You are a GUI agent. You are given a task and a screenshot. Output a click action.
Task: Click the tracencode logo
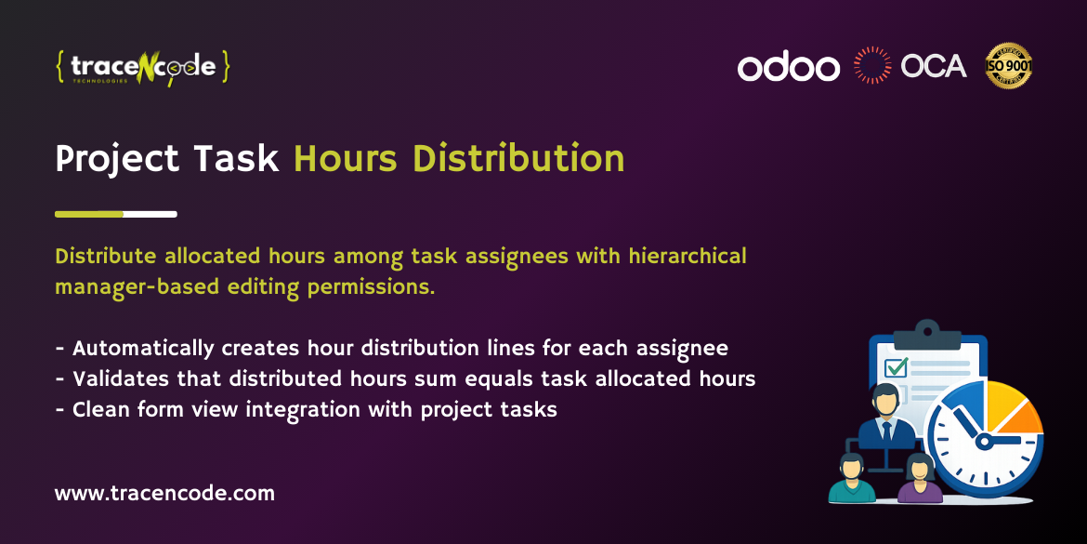click(x=142, y=68)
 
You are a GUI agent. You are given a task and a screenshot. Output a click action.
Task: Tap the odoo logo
click(x=788, y=67)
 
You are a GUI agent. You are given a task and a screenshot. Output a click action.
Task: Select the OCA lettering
click(x=934, y=66)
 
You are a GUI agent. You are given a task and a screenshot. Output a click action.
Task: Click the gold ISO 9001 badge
click(x=1009, y=66)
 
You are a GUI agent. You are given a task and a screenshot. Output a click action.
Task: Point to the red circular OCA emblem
click(x=872, y=66)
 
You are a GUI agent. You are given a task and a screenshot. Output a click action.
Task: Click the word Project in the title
click(x=114, y=159)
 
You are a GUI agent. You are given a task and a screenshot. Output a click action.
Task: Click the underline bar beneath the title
click(x=116, y=214)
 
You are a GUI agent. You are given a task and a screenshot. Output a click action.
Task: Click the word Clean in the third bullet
click(x=101, y=408)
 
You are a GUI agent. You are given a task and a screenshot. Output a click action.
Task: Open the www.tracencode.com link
click(x=164, y=493)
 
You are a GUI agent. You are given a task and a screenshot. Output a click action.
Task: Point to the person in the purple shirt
click(x=920, y=479)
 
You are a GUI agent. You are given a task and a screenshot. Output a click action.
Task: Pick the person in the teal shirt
click(x=850, y=479)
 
